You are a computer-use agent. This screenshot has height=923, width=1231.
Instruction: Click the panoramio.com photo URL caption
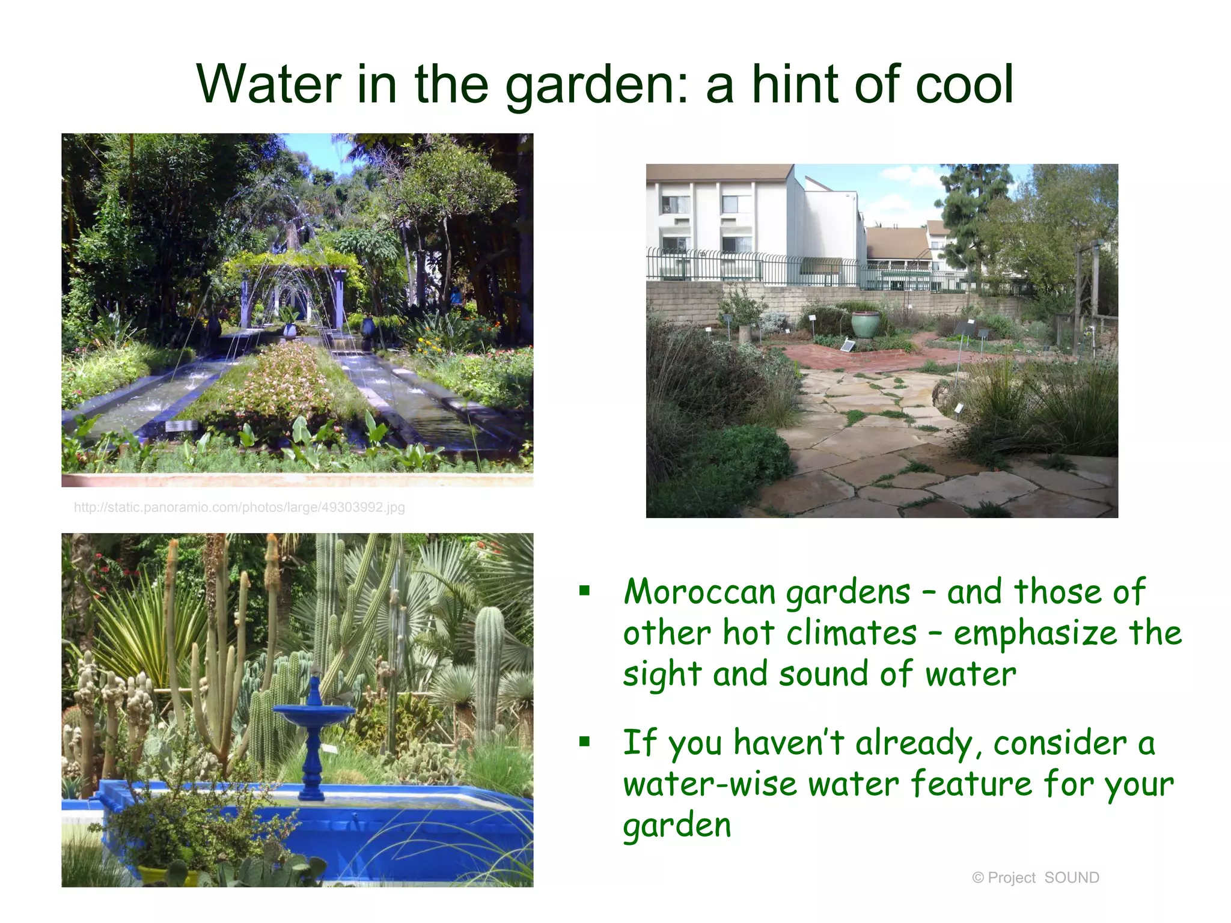[239, 507]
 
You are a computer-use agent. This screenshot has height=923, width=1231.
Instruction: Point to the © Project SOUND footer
[1035, 878]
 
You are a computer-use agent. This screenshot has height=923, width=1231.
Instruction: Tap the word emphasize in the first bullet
[1034, 634]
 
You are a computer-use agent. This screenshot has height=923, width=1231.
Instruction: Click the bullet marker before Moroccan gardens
[584, 591]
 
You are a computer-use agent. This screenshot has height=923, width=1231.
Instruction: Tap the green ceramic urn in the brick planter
[865, 323]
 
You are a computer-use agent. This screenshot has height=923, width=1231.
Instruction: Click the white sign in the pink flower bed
[180, 425]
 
